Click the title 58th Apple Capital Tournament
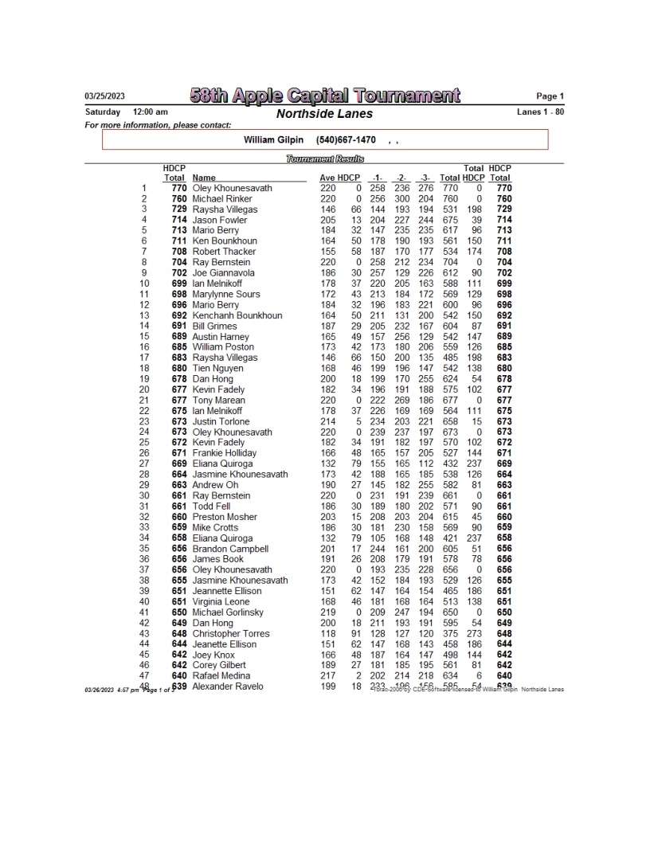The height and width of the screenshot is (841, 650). (325, 97)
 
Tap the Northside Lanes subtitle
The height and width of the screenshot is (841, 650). (324, 114)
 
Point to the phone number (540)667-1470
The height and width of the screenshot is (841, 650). (346, 140)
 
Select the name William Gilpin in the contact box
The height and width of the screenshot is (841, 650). (276, 140)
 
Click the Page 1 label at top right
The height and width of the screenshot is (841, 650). (549, 97)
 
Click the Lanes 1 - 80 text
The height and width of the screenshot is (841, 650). (541, 111)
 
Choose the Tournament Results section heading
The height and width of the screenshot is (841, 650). (324, 159)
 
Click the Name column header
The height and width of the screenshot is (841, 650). (204, 178)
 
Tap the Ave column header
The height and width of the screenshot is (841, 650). (327, 178)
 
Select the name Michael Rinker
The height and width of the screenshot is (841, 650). (222, 199)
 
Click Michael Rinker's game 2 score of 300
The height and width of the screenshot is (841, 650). (403, 199)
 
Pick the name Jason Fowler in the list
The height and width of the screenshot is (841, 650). (220, 220)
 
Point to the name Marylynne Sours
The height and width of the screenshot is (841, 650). (226, 295)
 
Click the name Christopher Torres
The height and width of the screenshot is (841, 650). (231, 634)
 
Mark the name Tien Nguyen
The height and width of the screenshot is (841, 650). (217, 369)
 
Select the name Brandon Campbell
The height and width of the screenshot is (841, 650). (230, 549)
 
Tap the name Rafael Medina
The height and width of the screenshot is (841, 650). (221, 676)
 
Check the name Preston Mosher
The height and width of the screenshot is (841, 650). (224, 517)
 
